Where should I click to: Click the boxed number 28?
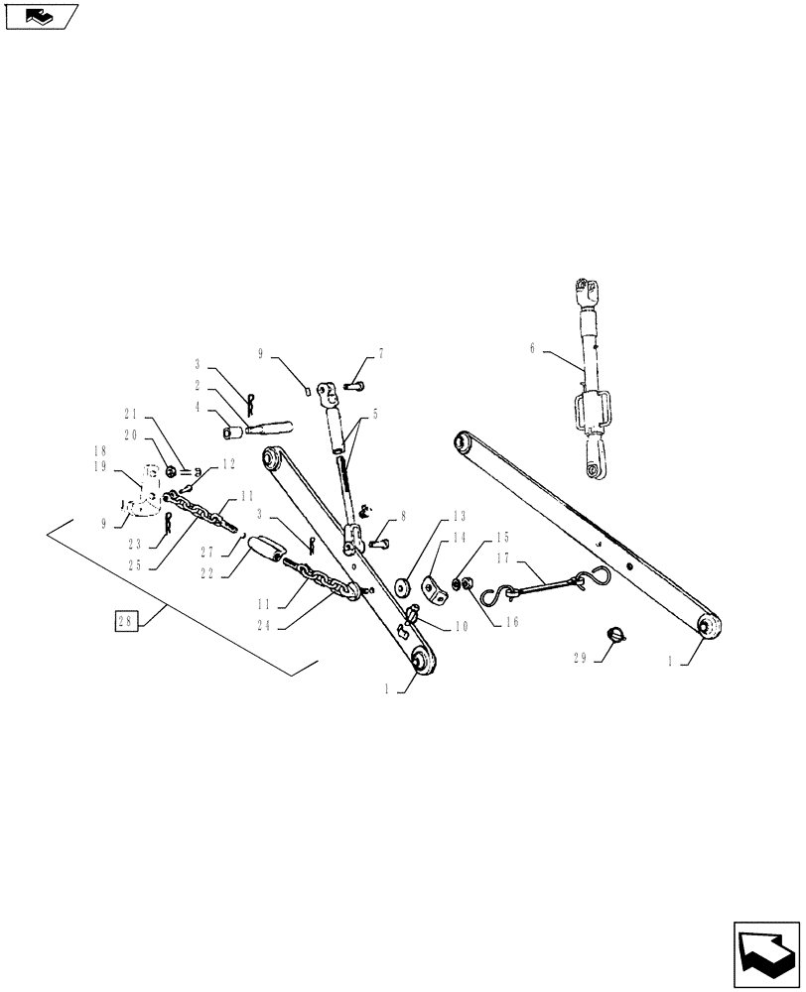[125, 623]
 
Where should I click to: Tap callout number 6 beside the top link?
[532, 348]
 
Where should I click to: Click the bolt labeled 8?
[381, 542]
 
